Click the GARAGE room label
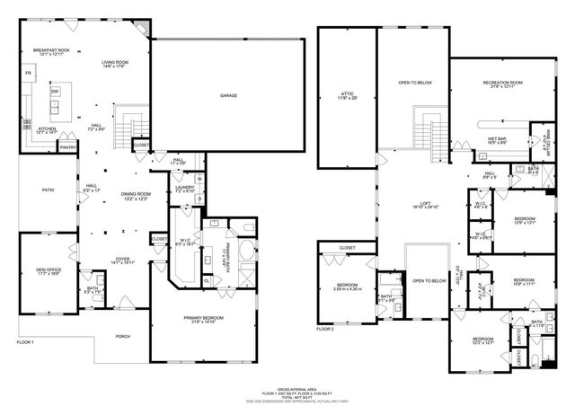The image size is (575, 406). [228, 95]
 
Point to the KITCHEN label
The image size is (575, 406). [47, 129]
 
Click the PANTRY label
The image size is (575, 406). [67, 146]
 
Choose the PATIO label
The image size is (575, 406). [50, 190]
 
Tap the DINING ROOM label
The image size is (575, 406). [135, 195]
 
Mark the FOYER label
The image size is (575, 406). [121, 259]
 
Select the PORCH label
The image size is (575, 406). [122, 336]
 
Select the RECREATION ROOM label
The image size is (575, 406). [490, 84]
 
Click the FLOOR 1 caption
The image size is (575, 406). [25, 343]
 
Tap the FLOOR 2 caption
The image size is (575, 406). [324, 329]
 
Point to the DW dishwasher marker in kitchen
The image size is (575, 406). [55, 93]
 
